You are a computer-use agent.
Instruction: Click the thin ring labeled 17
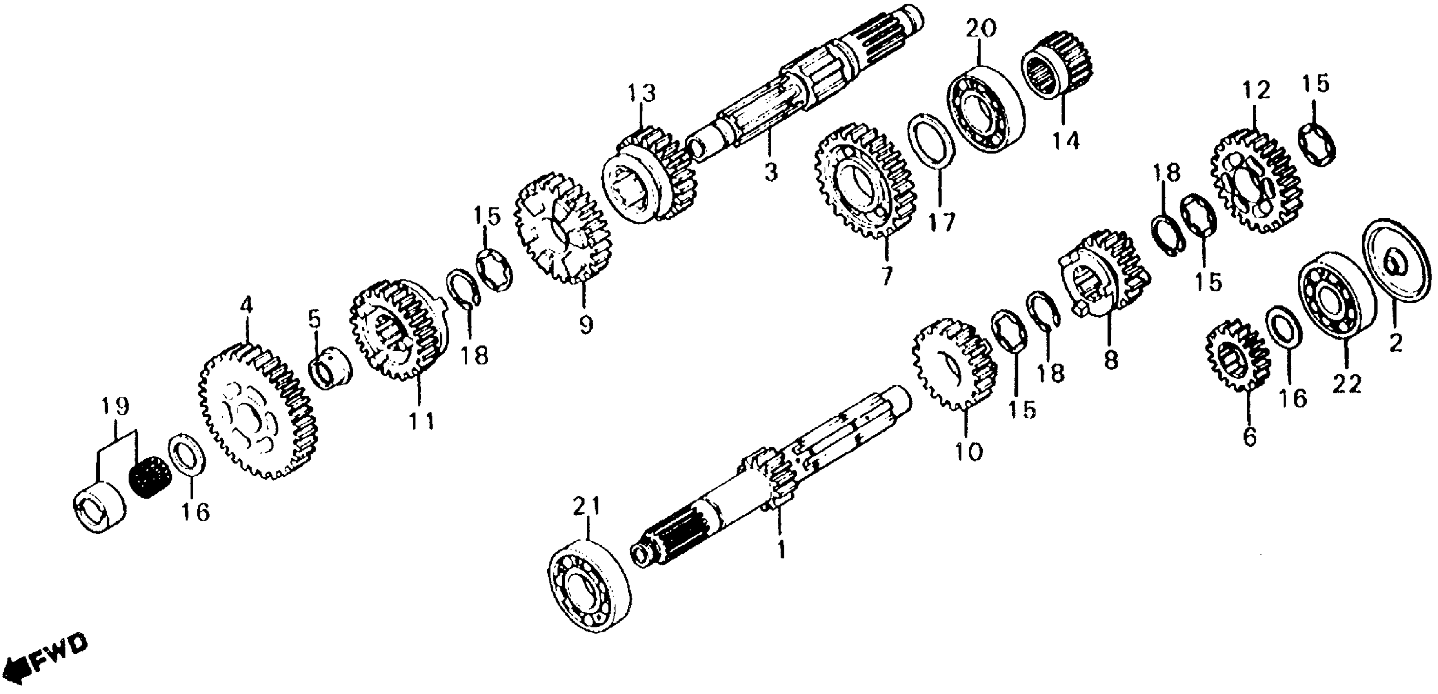(930, 140)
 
